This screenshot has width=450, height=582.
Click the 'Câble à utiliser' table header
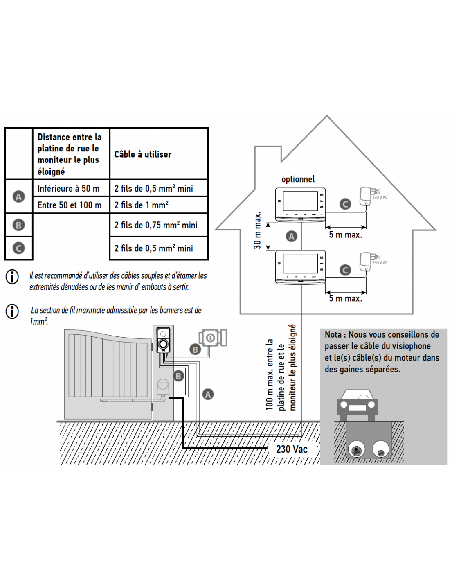click(x=143, y=154)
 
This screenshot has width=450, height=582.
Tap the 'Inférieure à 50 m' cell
click(x=68, y=189)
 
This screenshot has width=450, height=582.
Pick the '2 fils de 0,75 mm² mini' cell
click(x=156, y=225)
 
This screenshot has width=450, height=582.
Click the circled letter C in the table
click(x=19, y=248)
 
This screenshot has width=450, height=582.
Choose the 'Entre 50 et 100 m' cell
click(x=70, y=205)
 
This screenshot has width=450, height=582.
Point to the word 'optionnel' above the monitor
click(x=298, y=179)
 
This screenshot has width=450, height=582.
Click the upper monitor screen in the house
click(x=301, y=201)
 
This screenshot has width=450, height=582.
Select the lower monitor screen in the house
click(x=301, y=264)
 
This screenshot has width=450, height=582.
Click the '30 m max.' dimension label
click(x=257, y=230)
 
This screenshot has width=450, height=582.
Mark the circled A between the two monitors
click(x=291, y=236)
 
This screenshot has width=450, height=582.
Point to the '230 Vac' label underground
click(x=292, y=449)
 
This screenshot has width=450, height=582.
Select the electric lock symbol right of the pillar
click(x=213, y=338)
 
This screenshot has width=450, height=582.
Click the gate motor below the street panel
click(x=163, y=390)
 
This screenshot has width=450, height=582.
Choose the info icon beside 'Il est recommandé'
click(x=12, y=277)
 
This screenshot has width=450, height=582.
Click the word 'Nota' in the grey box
click(x=333, y=334)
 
